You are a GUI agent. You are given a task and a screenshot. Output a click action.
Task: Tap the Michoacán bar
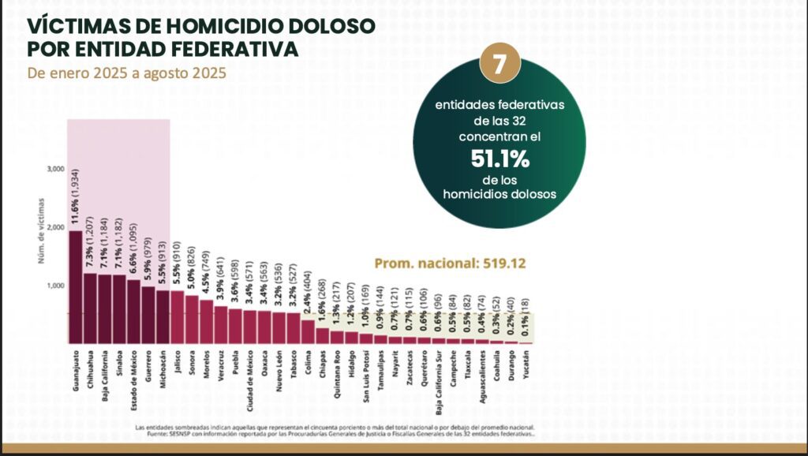click(163, 316)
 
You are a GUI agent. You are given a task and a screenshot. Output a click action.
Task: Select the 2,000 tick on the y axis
click(54, 227)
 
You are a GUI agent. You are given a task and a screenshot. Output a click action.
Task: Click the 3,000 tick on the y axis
click(54, 169)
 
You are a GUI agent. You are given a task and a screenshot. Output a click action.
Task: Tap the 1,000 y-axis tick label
click(54, 286)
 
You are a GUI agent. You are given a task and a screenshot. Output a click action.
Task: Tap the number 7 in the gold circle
click(499, 65)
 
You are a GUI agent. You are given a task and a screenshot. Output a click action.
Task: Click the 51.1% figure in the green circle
click(499, 159)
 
